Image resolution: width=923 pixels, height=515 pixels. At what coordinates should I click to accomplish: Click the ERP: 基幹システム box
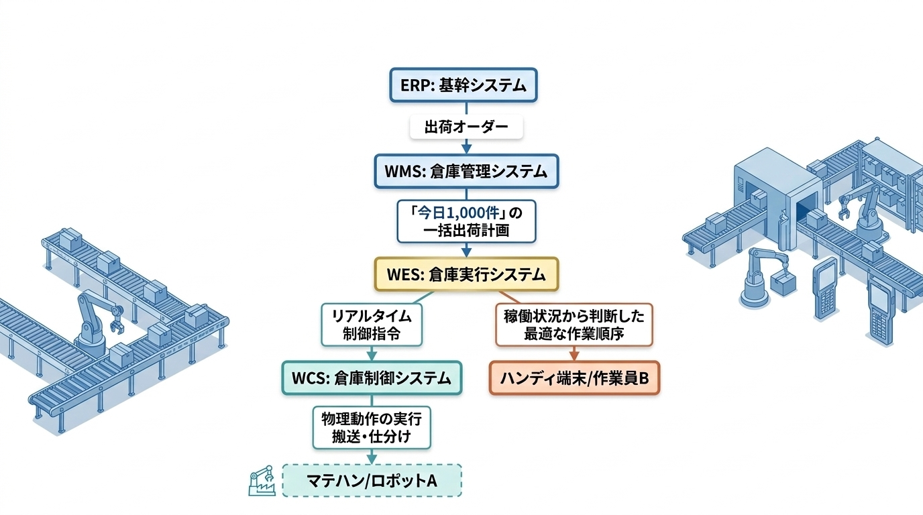(464, 84)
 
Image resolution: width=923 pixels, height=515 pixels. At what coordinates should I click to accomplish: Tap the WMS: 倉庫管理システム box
(466, 172)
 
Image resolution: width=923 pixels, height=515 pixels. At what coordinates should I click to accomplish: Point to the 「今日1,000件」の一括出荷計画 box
(466, 221)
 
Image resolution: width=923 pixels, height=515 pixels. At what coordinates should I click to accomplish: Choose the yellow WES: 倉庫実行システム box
(466, 275)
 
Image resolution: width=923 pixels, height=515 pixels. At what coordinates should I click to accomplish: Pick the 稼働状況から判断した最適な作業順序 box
(574, 325)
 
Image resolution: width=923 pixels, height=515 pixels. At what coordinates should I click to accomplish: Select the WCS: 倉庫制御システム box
(372, 378)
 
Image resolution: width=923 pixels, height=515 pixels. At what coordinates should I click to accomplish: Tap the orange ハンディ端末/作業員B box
(574, 379)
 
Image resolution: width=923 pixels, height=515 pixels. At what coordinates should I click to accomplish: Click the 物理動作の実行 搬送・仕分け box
(372, 428)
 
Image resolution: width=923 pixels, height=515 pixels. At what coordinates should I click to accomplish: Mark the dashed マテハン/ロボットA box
(372, 481)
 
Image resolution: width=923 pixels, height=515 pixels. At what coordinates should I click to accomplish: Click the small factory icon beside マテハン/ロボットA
(262, 481)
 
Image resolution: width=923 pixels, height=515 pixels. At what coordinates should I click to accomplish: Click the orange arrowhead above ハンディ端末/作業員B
(574, 357)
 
